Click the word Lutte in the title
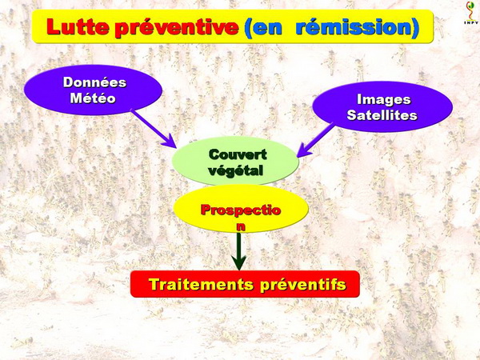click(x=78, y=26)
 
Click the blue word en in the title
click(x=263, y=27)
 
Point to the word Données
click(x=94, y=82)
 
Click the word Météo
click(x=93, y=98)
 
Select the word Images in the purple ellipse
click(x=383, y=99)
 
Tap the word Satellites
click(x=382, y=115)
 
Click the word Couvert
click(x=238, y=154)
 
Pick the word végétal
click(x=236, y=170)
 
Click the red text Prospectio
click(x=241, y=210)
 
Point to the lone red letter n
click(x=242, y=226)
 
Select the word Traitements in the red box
click(x=201, y=284)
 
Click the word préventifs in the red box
click(x=303, y=285)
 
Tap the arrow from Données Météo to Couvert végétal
click(x=154, y=129)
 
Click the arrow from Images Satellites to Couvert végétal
click(x=316, y=140)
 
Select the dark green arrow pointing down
click(x=239, y=251)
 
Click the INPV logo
click(x=471, y=13)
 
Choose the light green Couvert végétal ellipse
click(x=235, y=161)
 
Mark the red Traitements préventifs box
click(x=245, y=284)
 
